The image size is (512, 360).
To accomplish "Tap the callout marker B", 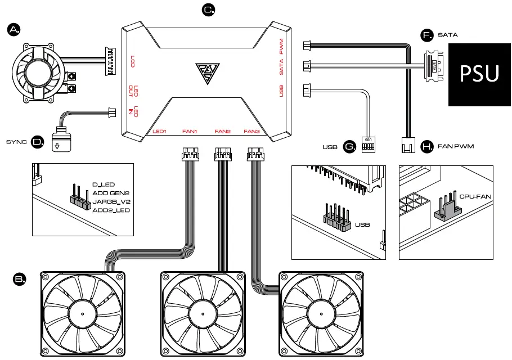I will point(20,278).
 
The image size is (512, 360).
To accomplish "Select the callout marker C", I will point(208,10).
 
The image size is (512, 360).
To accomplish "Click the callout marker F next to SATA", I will point(428,35).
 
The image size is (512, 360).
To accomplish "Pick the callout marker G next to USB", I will point(349,147).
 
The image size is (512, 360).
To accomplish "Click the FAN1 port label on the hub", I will point(190,132).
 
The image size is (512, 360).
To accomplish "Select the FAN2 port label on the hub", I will point(223,132).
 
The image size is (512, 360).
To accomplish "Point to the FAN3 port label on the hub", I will point(251,132).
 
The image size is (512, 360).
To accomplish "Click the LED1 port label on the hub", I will point(160,132).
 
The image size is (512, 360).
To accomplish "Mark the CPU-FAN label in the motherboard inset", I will point(476,197).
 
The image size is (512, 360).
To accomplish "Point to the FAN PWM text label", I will point(456,147).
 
